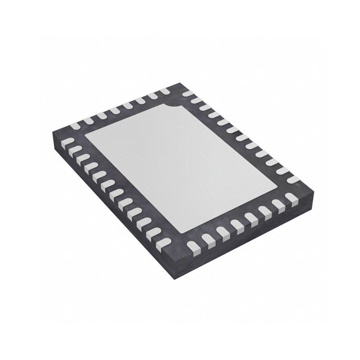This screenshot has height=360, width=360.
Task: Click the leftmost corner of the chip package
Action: pyautogui.click(x=53, y=130)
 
